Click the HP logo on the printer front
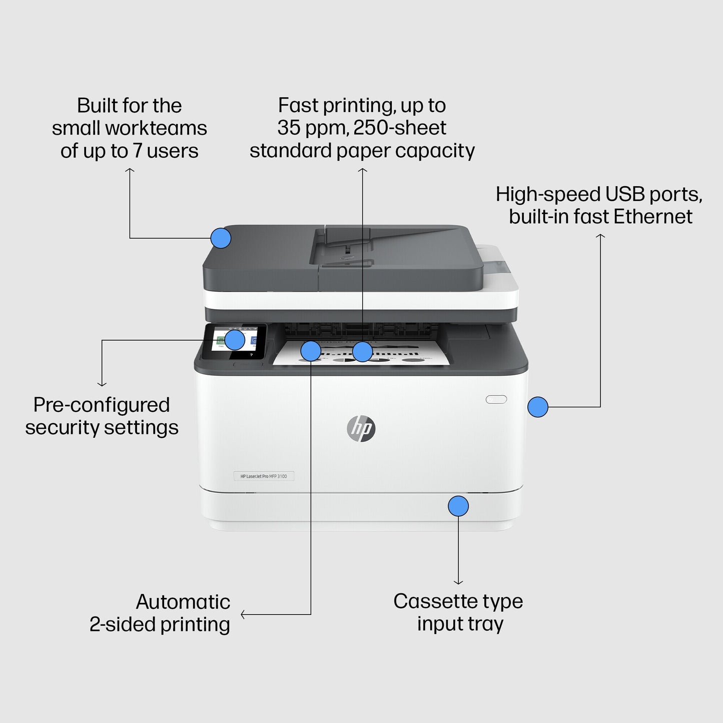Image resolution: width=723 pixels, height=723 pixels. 361,429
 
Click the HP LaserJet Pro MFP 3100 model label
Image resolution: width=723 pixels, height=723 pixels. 264,476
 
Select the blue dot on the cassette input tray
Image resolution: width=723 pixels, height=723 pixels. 458,506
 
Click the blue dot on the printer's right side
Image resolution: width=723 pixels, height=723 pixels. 538,407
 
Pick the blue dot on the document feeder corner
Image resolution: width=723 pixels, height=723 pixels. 221,238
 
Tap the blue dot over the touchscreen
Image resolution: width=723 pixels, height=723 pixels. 235,340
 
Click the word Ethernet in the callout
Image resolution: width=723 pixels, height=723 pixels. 653,217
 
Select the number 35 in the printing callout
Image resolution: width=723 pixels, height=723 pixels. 288,128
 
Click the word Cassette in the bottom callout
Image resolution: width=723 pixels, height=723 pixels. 430,601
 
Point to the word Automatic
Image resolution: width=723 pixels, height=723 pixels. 183,602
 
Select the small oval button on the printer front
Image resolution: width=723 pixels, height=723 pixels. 496,399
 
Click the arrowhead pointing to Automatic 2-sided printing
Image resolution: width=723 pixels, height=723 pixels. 243,614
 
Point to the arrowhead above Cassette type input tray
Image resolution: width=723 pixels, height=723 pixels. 458,582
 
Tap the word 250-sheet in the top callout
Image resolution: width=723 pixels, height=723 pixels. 400,128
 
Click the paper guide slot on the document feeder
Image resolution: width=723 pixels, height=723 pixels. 348,253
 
